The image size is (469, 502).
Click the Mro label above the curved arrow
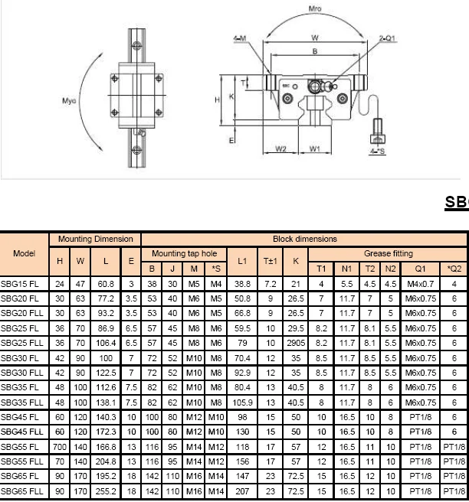point(314,10)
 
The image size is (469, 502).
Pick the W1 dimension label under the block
point(314,148)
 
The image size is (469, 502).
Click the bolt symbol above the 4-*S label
point(376,130)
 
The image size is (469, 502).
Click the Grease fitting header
point(388,253)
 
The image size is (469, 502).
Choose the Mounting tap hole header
point(184,253)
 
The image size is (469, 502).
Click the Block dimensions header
point(304,239)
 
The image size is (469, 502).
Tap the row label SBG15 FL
point(21,283)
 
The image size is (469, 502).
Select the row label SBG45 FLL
point(22,432)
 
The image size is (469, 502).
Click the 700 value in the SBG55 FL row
point(60,446)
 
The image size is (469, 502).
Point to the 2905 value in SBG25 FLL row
point(296,342)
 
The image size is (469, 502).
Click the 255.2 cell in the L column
point(106,491)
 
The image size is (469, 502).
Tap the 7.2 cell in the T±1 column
point(270,283)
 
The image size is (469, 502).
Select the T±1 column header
point(270,261)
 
